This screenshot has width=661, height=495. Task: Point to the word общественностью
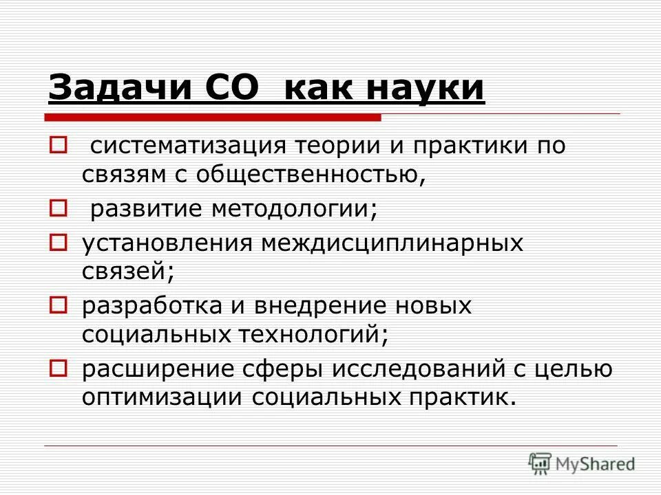pos(310,175)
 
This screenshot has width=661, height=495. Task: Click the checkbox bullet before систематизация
pos(57,146)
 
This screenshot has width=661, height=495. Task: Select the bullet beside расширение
pos(57,368)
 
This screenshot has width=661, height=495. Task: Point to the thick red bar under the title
pos(213,118)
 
